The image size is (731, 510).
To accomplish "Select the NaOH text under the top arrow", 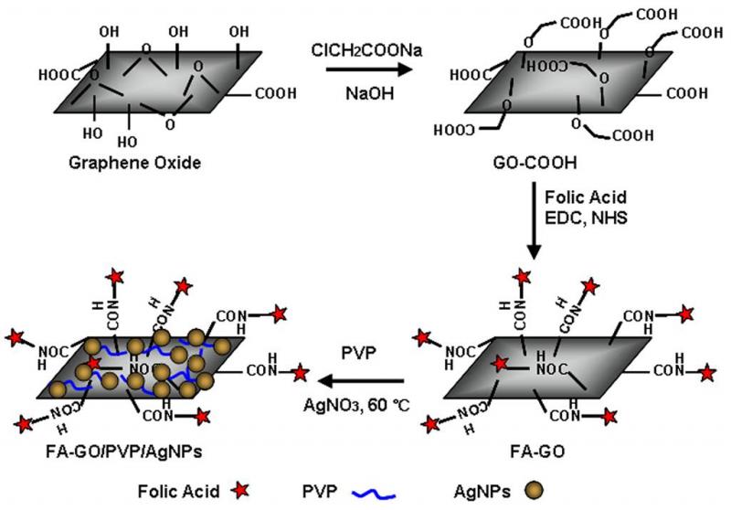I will [x=362, y=93].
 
